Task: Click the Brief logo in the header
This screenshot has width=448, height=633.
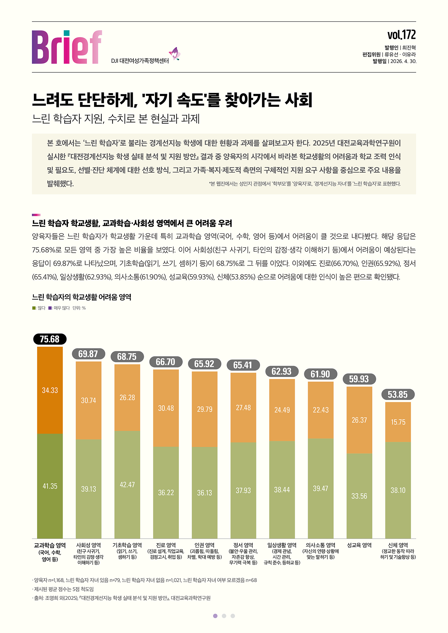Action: pyautogui.click(x=67, y=47)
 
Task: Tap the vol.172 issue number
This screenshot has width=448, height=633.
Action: pyautogui.click(x=401, y=35)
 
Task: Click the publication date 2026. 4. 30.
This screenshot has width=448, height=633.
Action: pyautogui.click(x=403, y=61)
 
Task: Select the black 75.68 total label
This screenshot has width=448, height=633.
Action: pyautogui.click(x=50, y=339)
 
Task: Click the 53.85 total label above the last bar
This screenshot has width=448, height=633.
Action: pyautogui.click(x=398, y=395)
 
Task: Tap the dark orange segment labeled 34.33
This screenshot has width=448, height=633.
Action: pyautogui.click(x=50, y=390)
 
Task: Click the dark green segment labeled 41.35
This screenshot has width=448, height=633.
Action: pyautogui.click(x=50, y=486)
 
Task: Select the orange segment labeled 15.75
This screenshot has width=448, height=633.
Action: pyautogui.click(x=398, y=422)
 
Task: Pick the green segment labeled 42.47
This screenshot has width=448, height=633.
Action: pyautogui.click(x=127, y=484)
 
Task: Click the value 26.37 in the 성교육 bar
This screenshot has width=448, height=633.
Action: pyautogui.click(x=359, y=420)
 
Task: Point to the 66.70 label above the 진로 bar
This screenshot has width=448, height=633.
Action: pyautogui.click(x=166, y=362)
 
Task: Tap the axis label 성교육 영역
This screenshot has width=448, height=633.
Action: pyautogui.click(x=359, y=545)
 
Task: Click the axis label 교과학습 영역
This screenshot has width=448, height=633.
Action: pyautogui.click(x=50, y=545)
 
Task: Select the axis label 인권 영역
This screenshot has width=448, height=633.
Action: pyautogui.click(x=205, y=545)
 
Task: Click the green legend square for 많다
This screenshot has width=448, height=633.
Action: pyautogui.click(x=34, y=308)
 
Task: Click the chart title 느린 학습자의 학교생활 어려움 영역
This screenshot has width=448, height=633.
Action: pyautogui.click(x=81, y=297)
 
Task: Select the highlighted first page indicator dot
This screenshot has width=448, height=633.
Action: pyautogui.click(x=215, y=616)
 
